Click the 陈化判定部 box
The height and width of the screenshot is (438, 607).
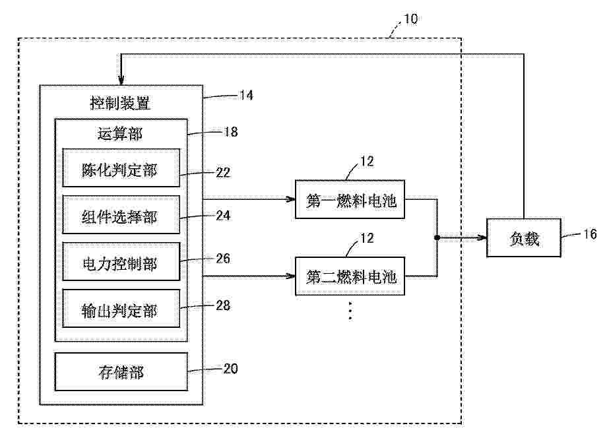(x=121, y=168)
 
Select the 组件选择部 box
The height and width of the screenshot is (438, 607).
(x=121, y=215)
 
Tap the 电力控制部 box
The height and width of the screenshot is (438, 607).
(x=121, y=262)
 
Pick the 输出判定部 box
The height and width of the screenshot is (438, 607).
(x=121, y=309)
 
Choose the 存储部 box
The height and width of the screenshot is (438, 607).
(x=121, y=371)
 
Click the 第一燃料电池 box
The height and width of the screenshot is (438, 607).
(x=350, y=199)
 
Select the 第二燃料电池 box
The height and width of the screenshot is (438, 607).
(x=350, y=276)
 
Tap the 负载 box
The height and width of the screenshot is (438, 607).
(x=524, y=237)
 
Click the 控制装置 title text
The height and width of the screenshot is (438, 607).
(x=120, y=104)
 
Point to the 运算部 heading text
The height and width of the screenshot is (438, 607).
(x=120, y=133)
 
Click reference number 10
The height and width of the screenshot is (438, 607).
(x=411, y=18)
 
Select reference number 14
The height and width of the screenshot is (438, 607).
(x=246, y=95)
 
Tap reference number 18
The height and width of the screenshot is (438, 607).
(x=231, y=131)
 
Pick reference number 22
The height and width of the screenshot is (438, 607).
(x=223, y=172)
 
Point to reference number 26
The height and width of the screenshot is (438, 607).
(x=223, y=258)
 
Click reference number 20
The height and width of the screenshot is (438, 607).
(x=230, y=368)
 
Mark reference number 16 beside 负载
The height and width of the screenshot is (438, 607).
(x=591, y=234)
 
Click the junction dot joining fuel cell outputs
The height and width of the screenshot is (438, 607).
(x=437, y=237)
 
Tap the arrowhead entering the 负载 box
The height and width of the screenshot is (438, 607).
(x=482, y=237)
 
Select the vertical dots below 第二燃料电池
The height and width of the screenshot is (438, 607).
(x=350, y=311)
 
